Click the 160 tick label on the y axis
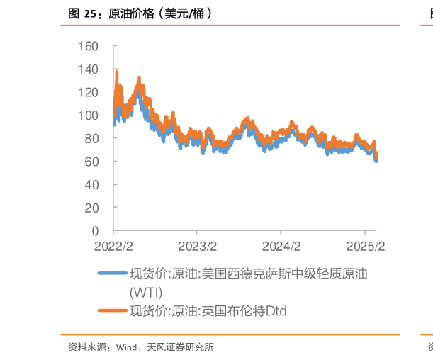[89, 47]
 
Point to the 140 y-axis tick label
[89, 69]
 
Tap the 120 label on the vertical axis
[89, 93]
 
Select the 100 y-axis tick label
[89, 116]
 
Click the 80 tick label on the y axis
[92, 139]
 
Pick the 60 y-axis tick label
[92, 162]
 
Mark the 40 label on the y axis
[92, 185]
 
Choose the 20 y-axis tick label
[92, 208]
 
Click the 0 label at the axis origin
[96, 231]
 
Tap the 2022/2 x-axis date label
[113, 246]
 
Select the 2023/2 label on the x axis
[197, 246]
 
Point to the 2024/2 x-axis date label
[281, 246]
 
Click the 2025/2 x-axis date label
[364, 246]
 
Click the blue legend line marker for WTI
[111, 274]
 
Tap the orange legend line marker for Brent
[111, 310]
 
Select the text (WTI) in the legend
[146, 291]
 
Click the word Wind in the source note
[125, 347]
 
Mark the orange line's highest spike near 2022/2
[116, 69]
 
